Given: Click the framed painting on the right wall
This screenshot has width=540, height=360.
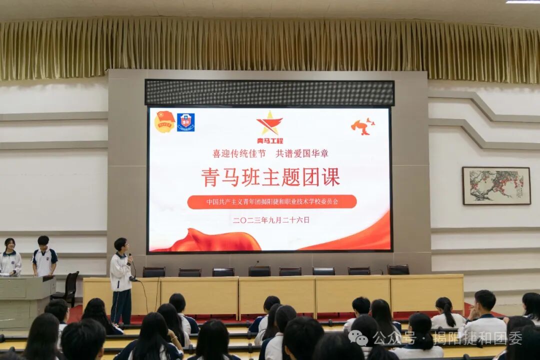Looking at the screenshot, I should [x=496, y=185].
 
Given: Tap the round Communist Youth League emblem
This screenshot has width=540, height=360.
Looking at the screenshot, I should [x=164, y=121].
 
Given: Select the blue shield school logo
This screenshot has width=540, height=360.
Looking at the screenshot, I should [x=185, y=122].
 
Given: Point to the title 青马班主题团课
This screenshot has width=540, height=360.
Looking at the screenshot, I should [x=270, y=177].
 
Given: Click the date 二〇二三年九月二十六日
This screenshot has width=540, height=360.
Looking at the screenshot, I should [x=271, y=219].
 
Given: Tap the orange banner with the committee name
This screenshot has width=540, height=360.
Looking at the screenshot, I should [x=272, y=202].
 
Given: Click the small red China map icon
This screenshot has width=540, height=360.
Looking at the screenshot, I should [x=362, y=126].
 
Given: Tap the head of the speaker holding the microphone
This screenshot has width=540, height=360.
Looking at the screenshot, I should [x=120, y=245].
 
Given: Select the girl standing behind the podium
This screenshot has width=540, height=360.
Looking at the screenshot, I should [x=10, y=257].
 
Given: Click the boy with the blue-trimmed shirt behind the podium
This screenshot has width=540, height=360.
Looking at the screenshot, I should [x=44, y=256].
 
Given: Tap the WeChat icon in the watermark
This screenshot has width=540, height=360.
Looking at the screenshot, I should [x=358, y=337].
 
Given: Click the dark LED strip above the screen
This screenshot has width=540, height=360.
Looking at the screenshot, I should [x=269, y=92].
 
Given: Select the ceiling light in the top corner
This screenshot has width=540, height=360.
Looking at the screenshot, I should [x=522, y=2].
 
